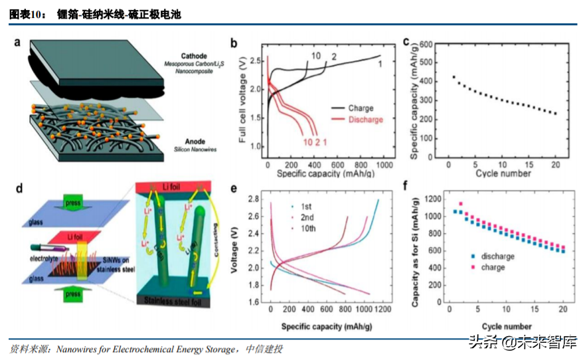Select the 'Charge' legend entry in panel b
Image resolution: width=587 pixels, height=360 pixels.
[360, 108]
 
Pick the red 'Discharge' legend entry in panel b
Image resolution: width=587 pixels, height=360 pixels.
[365, 120]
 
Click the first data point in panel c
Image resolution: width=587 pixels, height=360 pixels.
[454, 77]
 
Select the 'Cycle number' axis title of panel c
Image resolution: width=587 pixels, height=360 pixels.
[503, 174]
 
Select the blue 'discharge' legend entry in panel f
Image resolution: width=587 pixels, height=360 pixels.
[495, 256]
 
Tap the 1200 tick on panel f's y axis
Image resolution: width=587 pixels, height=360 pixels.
[434, 199]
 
